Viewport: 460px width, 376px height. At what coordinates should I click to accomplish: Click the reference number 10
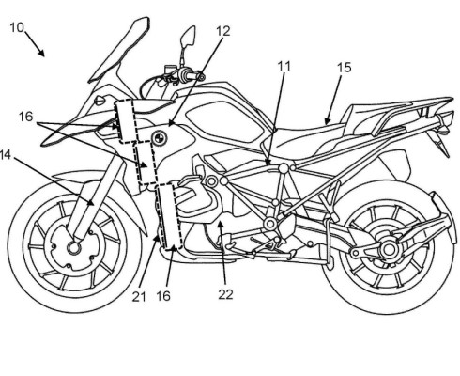17,27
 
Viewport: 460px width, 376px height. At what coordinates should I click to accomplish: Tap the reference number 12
223,31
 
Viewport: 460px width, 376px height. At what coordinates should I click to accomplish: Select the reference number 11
284,66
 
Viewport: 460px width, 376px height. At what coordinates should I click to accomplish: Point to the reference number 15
345,68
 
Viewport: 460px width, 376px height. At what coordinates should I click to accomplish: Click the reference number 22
225,294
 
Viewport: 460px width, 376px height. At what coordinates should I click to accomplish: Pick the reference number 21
139,296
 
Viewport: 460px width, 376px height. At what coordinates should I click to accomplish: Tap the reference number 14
6,154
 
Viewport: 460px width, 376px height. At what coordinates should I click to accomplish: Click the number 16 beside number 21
163,296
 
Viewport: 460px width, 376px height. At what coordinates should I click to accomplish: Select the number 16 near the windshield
25,117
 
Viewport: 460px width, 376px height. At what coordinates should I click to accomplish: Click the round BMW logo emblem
160,137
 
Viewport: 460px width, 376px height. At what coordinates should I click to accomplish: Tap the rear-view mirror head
188,37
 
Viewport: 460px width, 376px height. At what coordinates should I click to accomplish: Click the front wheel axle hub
74,248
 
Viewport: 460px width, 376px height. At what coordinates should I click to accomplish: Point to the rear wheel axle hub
389,250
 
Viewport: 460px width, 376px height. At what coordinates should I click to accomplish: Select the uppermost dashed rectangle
127,121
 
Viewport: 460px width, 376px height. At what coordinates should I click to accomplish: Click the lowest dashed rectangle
169,217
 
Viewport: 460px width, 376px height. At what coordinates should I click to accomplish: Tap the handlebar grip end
202,76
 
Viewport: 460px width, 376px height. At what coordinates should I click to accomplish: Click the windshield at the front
120,50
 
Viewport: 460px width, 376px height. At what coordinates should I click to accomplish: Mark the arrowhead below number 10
41,53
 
